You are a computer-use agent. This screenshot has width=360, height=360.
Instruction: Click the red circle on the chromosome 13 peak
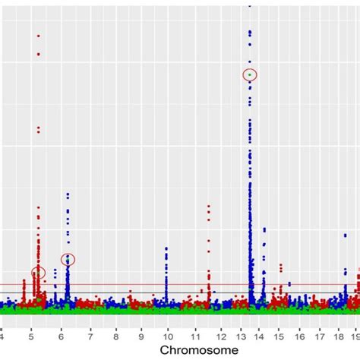250,74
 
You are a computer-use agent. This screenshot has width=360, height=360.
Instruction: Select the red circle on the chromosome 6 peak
68,260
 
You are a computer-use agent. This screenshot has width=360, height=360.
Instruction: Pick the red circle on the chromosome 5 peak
39,273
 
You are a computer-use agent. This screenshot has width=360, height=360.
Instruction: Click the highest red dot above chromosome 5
38,36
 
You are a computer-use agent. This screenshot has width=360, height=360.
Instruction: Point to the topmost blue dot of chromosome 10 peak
166,248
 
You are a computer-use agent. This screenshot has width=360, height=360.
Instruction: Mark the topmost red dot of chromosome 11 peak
209,206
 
